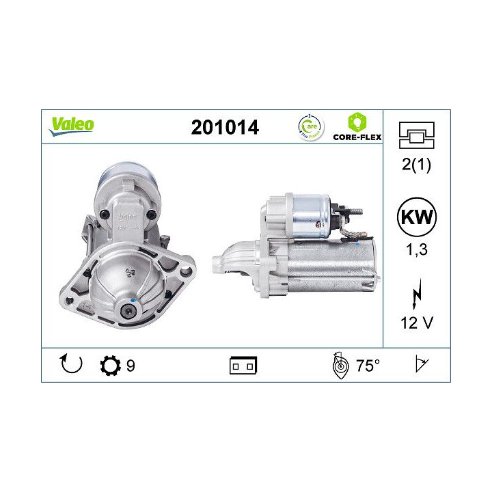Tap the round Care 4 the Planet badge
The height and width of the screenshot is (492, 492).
click(312, 126)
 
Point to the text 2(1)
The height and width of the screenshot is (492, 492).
click(416, 165)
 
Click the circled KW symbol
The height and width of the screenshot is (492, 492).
click(416, 219)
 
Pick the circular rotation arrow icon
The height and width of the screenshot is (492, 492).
click(71, 365)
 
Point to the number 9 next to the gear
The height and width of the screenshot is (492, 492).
click(131, 366)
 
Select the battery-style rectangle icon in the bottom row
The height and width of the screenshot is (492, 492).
click(243, 366)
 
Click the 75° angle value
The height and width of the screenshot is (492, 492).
click(367, 366)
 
